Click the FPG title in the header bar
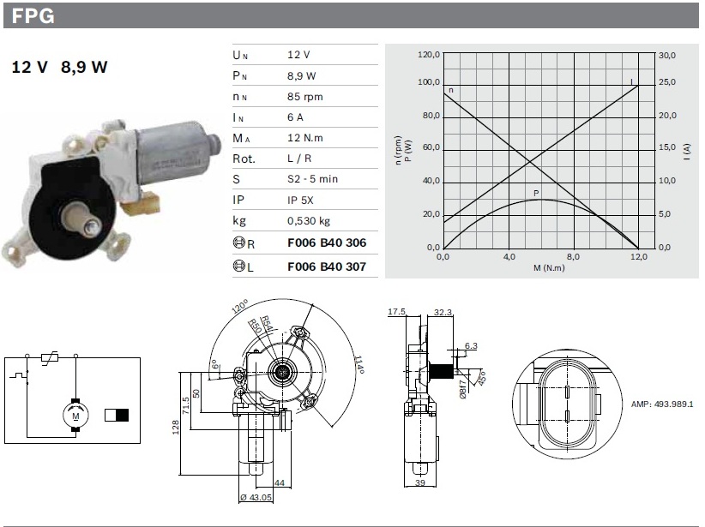point(34,15)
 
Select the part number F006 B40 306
point(326,243)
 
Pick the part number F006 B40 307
point(326,266)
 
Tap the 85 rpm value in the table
point(305,96)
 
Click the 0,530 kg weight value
point(310,222)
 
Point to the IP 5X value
point(302,201)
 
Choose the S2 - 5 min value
point(312,180)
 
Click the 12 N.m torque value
point(305,138)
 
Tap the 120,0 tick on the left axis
point(428,56)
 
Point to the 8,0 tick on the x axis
point(574,256)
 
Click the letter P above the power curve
point(536,193)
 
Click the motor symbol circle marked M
point(75,416)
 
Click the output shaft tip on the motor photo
point(89,226)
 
